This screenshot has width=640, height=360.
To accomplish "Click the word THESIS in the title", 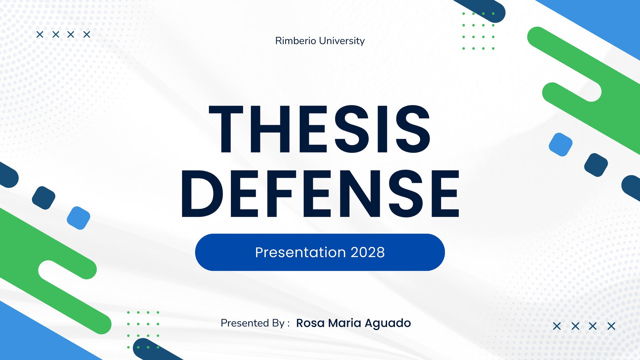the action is [x=320, y=130].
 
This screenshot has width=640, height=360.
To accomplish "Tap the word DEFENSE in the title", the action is [x=320, y=194].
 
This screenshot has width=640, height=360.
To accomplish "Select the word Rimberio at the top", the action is [x=296, y=40].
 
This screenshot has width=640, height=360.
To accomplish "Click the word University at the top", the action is [x=342, y=41].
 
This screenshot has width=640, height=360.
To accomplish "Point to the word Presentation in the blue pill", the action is [x=300, y=252].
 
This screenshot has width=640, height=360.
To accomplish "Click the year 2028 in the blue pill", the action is [x=368, y=252].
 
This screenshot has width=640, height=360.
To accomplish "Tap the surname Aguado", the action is [x=388, y=324].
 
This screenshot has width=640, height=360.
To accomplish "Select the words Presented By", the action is [x=252, y=323].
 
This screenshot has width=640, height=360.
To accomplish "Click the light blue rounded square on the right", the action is [x=560, y=144].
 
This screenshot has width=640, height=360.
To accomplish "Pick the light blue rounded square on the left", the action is [x=78, y=218].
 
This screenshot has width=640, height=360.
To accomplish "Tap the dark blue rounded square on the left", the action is [x=44, y=198].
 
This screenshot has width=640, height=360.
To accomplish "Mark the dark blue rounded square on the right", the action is [x=596, y=165].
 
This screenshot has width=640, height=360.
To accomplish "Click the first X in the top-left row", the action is [x=40, y=34].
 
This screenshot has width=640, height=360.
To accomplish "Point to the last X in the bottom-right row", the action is [x=611, y=326].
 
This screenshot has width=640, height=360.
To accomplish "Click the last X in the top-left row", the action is [x=86, y=34].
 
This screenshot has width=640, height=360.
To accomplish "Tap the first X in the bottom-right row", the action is [x=557, y=326].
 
